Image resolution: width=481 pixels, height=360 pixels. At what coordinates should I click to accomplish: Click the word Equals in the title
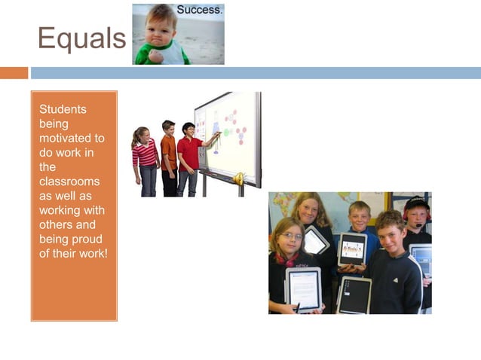[81, 38]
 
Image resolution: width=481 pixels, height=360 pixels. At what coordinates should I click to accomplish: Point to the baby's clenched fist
[156, 55]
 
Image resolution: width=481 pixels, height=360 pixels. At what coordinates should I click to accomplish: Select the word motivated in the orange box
[72, 138]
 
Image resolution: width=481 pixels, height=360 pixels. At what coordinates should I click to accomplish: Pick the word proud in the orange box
[90, 239]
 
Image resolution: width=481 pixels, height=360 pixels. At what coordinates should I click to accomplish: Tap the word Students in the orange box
[63, 109]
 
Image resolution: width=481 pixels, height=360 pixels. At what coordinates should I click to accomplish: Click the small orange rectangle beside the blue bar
[14, 73]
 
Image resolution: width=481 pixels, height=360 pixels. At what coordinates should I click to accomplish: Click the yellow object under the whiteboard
[239, 179]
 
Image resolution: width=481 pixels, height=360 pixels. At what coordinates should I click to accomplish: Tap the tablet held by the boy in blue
[352, 249]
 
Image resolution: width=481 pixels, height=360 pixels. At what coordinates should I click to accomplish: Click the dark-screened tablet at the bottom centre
[354, 294]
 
